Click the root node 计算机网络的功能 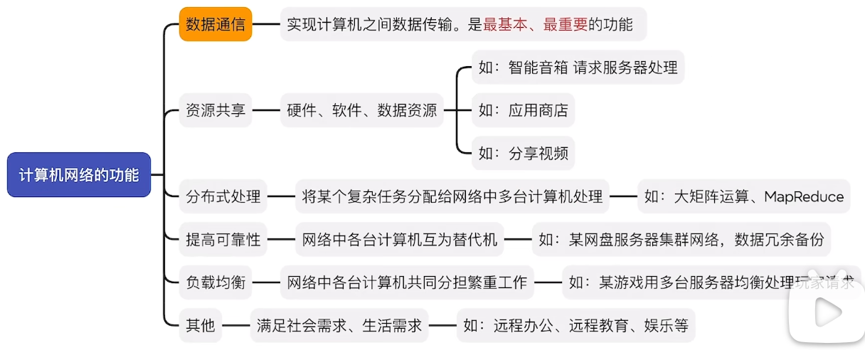78,175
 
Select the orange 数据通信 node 215,25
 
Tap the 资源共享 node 215,110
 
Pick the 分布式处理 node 223,196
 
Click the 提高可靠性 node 223,240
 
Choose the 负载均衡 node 215,282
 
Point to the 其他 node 200,326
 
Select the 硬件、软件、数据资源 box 361,110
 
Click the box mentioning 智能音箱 577,68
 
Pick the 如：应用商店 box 522,110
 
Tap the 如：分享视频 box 522,154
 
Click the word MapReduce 804,197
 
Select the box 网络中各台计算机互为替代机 400,240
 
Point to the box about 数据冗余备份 681,240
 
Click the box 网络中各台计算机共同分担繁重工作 407,282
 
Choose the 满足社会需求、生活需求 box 339,326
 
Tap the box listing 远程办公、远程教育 575,326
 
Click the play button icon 825,312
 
